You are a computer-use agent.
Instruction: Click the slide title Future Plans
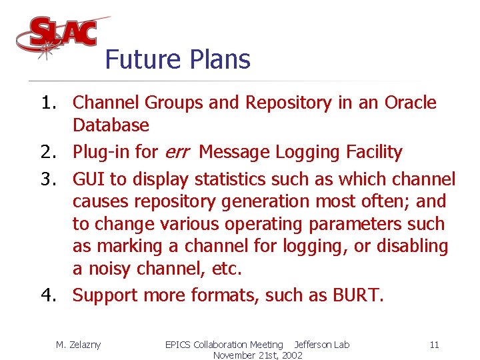point(177,59)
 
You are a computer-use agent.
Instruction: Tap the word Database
point(111,125)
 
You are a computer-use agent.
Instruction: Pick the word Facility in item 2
point(375,153)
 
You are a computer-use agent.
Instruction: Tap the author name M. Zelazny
point(78,345)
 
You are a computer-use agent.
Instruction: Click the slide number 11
point(434,345)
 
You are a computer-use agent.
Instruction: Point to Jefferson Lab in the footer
point(321,345)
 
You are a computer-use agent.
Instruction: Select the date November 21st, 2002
point(257,355)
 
